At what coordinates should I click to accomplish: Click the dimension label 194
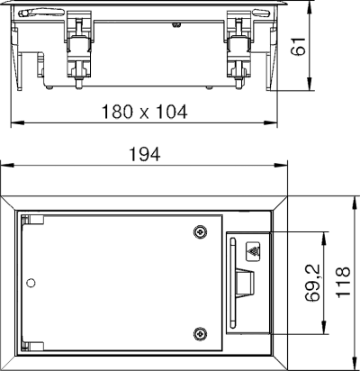point(145,154)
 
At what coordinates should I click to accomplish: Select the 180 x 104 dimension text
point(145,112)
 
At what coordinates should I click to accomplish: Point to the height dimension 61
point(298,46)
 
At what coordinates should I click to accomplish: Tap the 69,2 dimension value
point(313,283)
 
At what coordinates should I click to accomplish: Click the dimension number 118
point(343,282)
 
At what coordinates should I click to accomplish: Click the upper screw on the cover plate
point(200,231)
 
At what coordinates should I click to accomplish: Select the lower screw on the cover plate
point(200,333)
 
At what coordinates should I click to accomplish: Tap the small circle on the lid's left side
point(31,283)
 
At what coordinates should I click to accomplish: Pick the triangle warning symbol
point(254,251)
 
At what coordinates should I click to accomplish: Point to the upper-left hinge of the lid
point(32,220)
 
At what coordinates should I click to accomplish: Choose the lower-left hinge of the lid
point(32,346)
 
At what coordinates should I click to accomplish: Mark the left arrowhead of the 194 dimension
point(7,166)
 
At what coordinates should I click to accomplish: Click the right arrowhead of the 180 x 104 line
point(270,122)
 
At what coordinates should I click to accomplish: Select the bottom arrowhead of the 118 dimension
point(355,363)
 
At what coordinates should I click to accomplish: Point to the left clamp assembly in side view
point(78,50)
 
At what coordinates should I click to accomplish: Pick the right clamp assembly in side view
point(238,50)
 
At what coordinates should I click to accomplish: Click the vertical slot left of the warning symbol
point(232,283)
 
